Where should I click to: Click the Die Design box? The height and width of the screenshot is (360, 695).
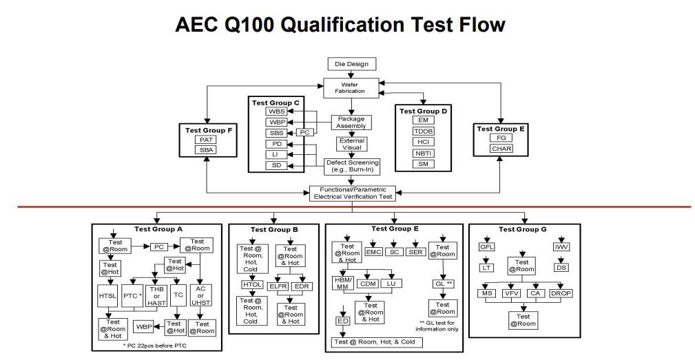(351, 64)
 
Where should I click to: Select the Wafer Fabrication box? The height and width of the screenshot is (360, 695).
(352, 88)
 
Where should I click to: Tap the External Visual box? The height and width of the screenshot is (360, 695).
(352, 144)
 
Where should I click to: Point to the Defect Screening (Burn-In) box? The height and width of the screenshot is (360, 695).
(352, 166)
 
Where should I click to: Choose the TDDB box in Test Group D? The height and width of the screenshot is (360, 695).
(423, 131)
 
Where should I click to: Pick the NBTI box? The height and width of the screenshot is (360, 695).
(423, 153)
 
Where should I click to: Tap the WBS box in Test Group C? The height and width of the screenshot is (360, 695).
(276, 111)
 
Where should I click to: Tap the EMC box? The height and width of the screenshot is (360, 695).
(374, 253)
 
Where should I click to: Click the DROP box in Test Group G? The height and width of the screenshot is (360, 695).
(561, 293)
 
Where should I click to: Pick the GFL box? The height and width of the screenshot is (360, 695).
(487, 247)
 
